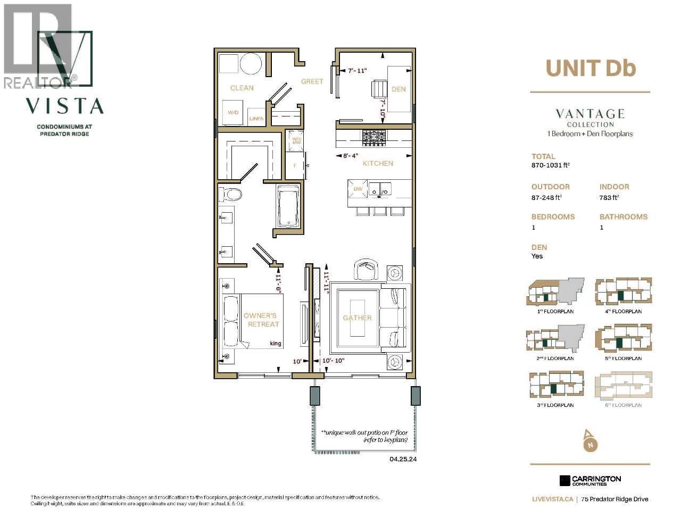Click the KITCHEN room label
378,163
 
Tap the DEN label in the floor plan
398,89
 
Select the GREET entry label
312,81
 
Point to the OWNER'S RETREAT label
261,320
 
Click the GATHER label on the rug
357,318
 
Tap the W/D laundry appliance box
233,113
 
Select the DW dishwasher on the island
358,189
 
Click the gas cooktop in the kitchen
374,138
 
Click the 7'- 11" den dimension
357,70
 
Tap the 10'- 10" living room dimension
334,361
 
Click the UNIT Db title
591,68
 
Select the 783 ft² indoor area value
609,197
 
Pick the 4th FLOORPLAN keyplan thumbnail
623,292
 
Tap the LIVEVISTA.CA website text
552,499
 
